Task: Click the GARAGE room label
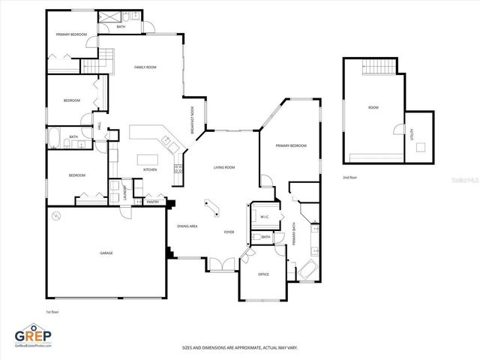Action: pyautogui.click(x=106, y=253)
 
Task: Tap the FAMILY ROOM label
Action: pyautogui.click(x=145, y=67)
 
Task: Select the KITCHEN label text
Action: pyautogui.click(x=150, y=170)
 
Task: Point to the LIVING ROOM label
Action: pyautogui.click(x=224, y=167)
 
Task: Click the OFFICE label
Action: pyautogui.click(x=263, y=274)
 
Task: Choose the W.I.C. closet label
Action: pyautogui.click(x=264, y=217)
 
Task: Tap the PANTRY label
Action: pyautogui.click(x=152, y=201)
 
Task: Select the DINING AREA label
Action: pyautogui.click(x=187, y=226)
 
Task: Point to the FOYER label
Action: pyautogui.click(x=229, y=232)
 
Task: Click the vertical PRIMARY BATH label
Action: pyautogui.click(x=294, y=235)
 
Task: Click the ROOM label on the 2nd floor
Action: pyautogui.click(x=373, y=107)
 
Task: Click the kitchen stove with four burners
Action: pyautogui.click(x=178, y=169)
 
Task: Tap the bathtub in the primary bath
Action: pyautogui.click(x=307, y=271)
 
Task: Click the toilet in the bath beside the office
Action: pyautogui.click(x=257, y=238)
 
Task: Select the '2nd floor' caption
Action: pyautogui.click(x=349, y=177)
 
